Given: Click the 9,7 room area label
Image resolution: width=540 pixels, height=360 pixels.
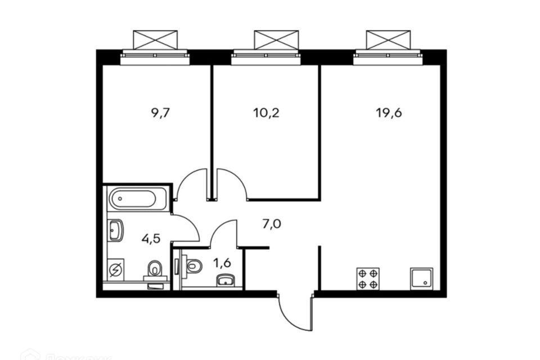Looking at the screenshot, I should pyautogui.click(x=160, y=112).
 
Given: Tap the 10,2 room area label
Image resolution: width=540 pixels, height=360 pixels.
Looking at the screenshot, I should pyautogui.click(x=266, y=112).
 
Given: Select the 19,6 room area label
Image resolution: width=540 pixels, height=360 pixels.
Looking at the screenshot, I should pyautogui.click(x=389, y=112).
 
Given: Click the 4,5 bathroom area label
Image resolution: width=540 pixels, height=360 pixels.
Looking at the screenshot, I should pyautogui.click(x=151, y=238).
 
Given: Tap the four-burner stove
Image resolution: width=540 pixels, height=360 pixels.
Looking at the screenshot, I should pyautogui.click(x=368, y=278).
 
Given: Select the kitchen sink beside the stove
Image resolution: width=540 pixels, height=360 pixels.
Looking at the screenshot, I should pyautogui.click(x=423, y=278).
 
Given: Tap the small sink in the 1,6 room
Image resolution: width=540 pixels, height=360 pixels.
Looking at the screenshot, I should pyautogui.click(x=226, y=280).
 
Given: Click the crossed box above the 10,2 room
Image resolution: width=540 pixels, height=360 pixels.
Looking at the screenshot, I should pyautogui.click(x=275, y=39).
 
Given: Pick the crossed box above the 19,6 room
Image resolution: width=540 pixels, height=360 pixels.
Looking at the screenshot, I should pyautogui.click(x=388, y=39).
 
